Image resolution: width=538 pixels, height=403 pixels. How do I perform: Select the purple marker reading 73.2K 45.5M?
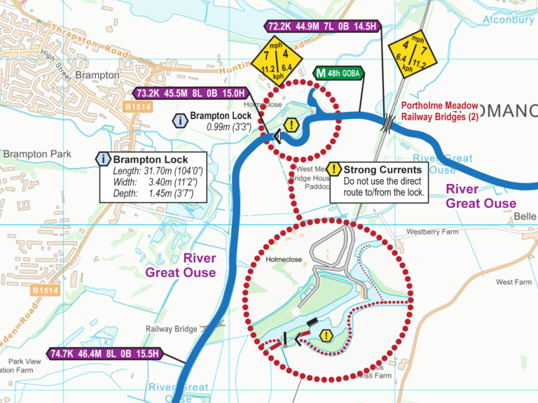pos(191,93)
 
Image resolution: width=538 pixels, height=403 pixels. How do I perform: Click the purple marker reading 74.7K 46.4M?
pos(105,354)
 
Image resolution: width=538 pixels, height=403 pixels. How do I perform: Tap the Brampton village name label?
pos(97,75)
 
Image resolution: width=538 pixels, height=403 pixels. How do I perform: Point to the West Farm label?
pos(513,282)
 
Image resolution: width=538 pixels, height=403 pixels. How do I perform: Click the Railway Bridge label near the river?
pos(171,328)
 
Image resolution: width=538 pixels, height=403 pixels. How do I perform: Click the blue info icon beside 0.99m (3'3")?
pos(181,121)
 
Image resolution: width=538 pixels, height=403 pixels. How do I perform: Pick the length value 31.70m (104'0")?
pos(167,171)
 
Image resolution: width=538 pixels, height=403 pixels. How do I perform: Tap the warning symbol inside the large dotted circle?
pos(326,337)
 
